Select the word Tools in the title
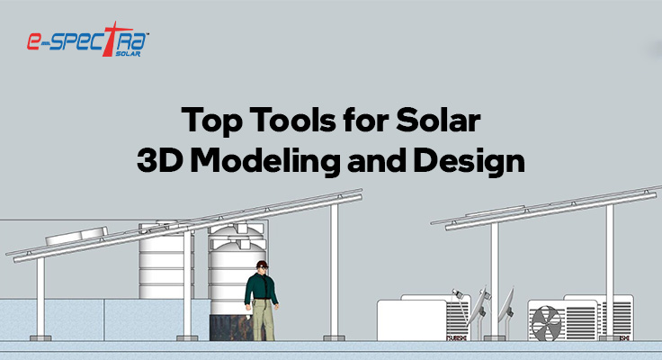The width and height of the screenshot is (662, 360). tap(281, 121)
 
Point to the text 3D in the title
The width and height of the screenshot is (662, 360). tap(159, 161)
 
